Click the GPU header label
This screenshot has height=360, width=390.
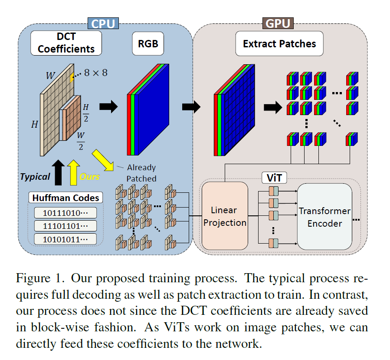pyautogui.click(x=278, y=22)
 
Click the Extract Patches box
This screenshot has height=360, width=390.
pyautogui.click(x=279, y=44)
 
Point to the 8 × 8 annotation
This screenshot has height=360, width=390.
pyautogui.click(x=95, y=73)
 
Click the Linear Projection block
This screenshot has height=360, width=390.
pyautogui.click(x=225, y=216)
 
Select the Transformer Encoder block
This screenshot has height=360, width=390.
pyautogui.click(x=324, y=217)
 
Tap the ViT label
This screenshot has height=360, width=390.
pyautogui.click(x=272, y=178)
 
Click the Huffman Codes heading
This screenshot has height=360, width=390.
pyautogui.click(x=66, y=198)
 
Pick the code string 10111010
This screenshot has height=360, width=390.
pyautogui.click(x=65, y=213)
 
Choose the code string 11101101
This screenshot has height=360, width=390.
pyautogui.click(x=65, y=226)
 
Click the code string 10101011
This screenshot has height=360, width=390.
pyautogui.click(x=65, y=239)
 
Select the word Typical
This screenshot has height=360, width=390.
pyautogui.click(x=34, y=177)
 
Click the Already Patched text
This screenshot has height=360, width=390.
pyautogui.click(x=141, y=173)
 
